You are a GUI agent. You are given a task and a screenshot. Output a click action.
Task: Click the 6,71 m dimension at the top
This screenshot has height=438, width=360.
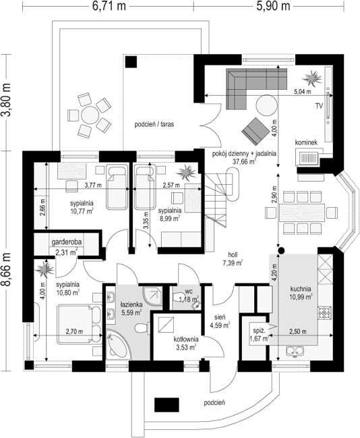coord(109,6)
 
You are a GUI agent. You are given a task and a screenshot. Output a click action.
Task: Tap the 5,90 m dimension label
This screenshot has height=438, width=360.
coord(273,6)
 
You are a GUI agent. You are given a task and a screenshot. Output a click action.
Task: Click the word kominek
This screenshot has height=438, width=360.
coord(306,142)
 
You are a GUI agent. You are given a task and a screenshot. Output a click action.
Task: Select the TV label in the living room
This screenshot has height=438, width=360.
coord(319,105)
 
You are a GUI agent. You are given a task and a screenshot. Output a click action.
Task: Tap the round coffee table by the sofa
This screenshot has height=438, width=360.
coord(267,105)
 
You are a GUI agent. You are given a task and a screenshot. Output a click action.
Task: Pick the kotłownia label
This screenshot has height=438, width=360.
coord(186,339)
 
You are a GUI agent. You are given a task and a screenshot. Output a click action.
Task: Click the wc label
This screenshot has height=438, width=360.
coord(189,292)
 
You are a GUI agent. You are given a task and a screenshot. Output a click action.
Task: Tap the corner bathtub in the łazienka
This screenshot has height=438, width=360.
coord(118,345)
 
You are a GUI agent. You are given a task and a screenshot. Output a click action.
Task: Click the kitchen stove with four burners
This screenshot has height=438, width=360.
coord(324,312)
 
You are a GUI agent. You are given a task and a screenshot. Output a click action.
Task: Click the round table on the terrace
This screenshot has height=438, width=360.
coord(90,115)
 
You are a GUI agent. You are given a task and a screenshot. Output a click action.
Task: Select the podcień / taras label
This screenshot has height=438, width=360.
coord(154,124)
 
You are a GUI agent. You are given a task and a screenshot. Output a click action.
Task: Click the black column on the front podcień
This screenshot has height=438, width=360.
coord(167,405)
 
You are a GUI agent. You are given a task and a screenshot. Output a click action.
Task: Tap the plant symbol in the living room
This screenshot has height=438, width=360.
coord(313,78)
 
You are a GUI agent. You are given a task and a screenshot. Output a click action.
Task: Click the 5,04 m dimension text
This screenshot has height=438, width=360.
coord(303,91)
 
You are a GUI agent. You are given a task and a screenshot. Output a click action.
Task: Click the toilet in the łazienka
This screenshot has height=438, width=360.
coord(142,328)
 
